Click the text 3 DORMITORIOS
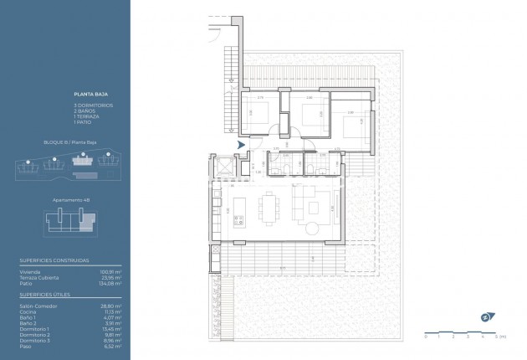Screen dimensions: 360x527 [x=92, y=105]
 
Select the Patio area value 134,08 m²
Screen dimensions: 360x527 [x=111, y=284]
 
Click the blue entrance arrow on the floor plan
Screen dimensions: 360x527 [x=242, y=146]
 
